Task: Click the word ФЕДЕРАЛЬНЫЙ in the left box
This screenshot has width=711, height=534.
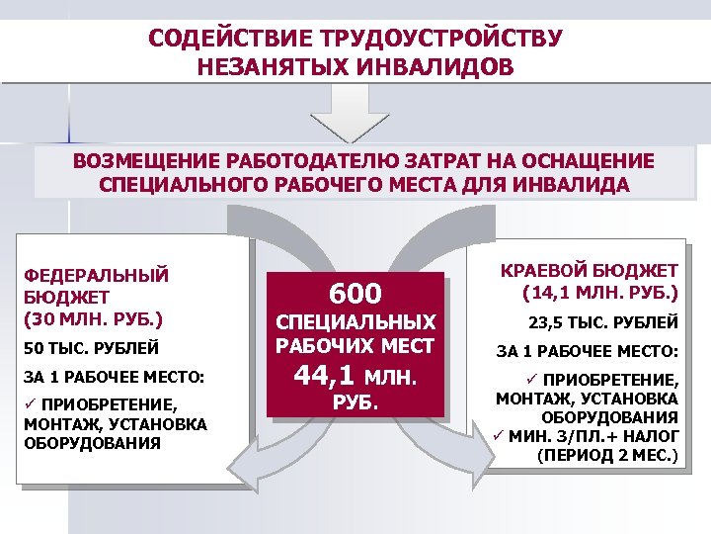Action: [96, 274]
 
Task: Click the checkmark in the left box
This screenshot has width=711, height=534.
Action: [29, 403]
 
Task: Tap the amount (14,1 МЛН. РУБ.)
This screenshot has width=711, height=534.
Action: [599, 293]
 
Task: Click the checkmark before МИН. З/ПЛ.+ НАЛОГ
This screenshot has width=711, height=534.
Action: [499, 436]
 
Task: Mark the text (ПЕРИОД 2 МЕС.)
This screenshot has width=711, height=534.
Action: [607, 457]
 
